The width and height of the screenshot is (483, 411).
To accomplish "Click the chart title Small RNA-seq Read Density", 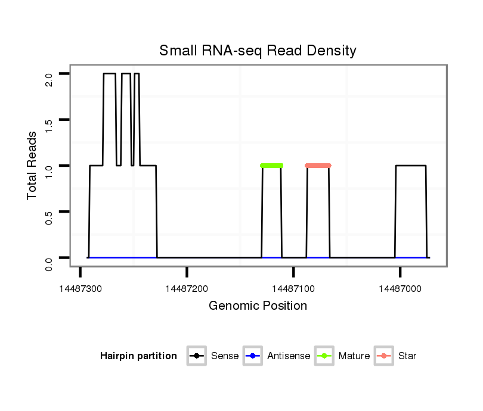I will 258,51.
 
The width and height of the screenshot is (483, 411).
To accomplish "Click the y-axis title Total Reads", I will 33,166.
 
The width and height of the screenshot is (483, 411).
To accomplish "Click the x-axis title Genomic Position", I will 258,306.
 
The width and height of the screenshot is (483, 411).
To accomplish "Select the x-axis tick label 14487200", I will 187,288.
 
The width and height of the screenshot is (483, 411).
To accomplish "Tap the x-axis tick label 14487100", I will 293,288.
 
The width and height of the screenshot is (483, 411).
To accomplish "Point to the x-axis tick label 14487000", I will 400,288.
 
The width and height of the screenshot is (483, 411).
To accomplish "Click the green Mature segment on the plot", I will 272,166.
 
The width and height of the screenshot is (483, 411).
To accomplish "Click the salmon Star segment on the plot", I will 318,166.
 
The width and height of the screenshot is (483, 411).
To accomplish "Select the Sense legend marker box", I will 196,356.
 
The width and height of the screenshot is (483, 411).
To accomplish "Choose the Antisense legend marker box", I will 253,356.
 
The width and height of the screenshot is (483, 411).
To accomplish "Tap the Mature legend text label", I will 354,356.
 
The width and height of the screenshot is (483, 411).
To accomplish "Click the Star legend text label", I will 407,356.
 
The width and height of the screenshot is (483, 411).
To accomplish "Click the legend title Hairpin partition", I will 138,356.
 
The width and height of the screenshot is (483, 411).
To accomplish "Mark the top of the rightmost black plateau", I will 411,166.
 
